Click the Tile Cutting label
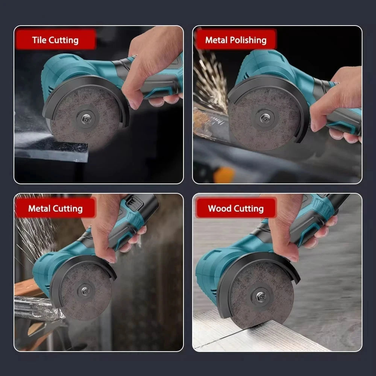pos(55,40)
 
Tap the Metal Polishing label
pos(235,40)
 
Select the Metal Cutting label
pos(55,208)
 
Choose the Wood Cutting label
pos(235,208)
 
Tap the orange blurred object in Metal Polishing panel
pos(224,175)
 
